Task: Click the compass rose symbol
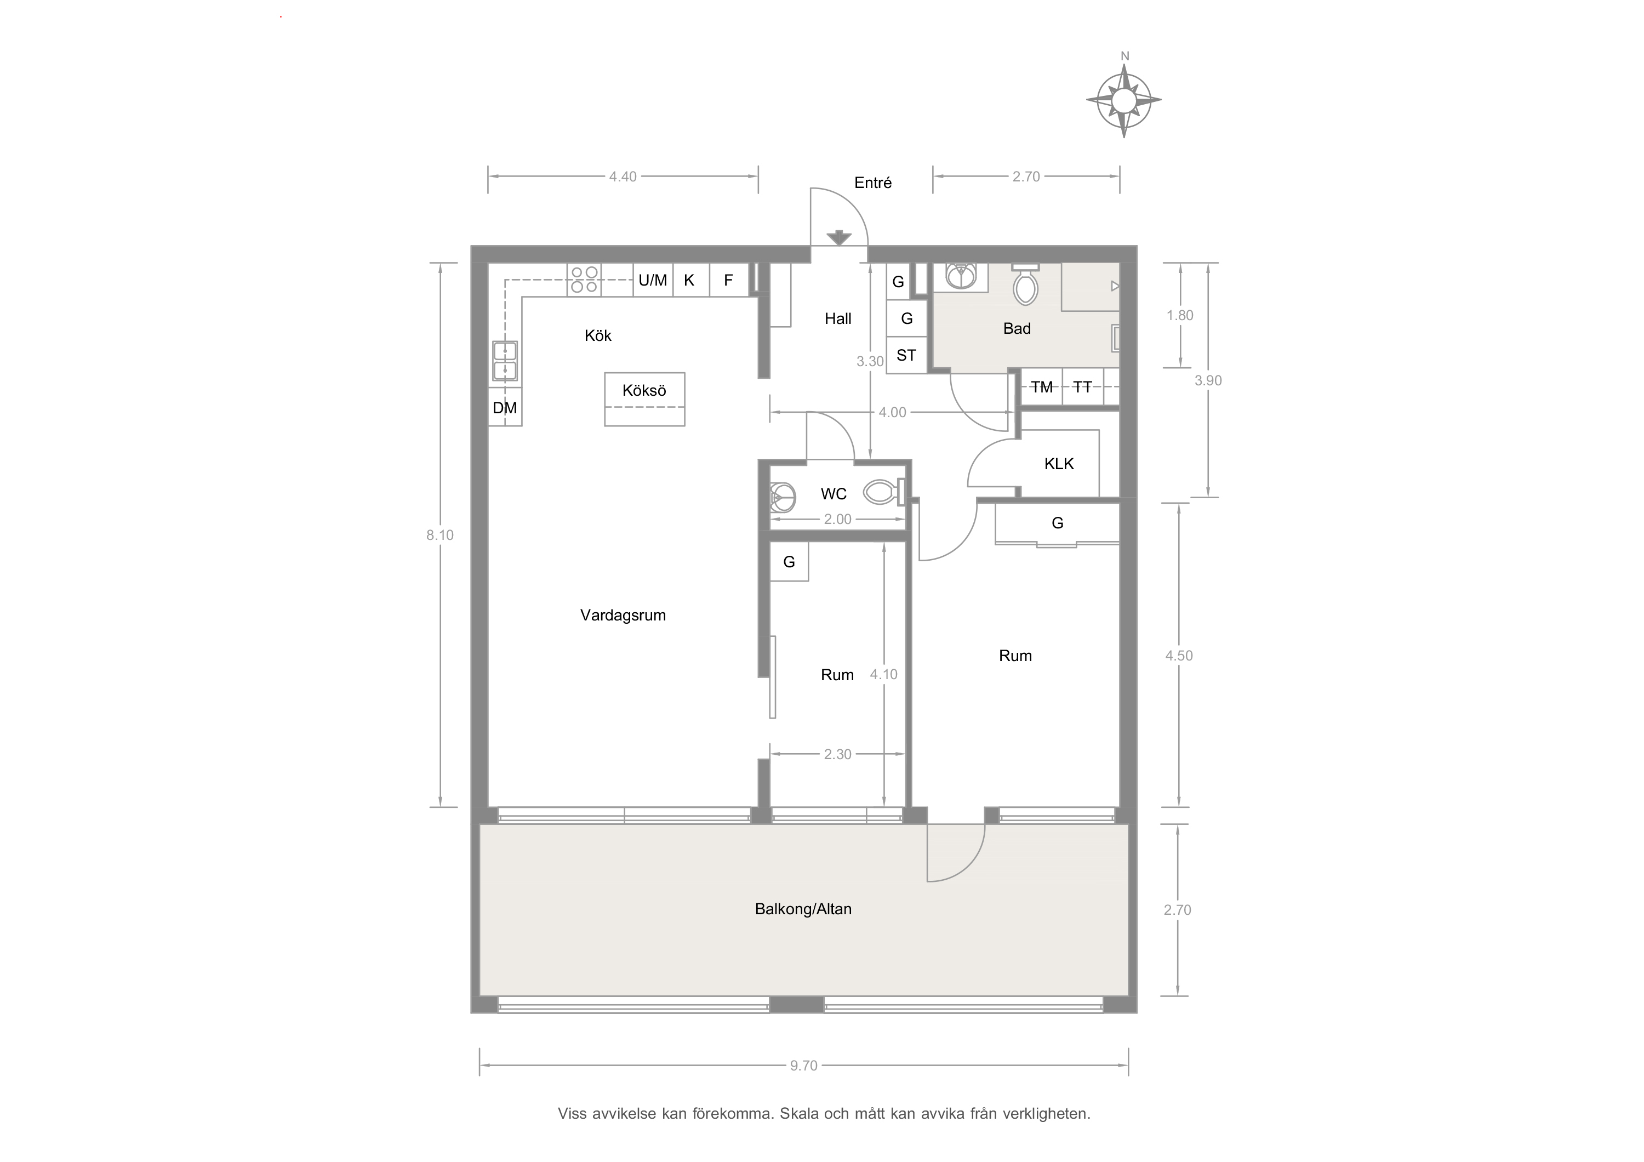point(1123,100)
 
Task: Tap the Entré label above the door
point(873,183)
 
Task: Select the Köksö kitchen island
point(644,399)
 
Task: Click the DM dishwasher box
point(505,407)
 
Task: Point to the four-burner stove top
point(584,280)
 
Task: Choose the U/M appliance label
point(652,280)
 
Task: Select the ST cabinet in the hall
point(906,355)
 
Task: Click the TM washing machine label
point(1042,388)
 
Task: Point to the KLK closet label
point(1059,464)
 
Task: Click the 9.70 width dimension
point(803,1066)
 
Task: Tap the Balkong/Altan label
point(803,909)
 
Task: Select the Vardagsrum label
point(623,615)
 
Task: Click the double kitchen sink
point(505,360)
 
